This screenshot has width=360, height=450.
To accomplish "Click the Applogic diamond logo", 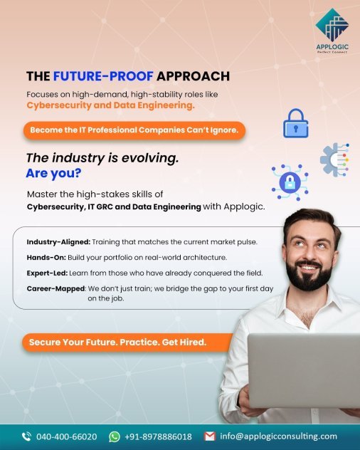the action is pyautogui.click(x=332, y=25).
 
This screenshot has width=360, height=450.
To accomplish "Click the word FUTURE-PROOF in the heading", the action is pyautogui.click(x=103, y=76).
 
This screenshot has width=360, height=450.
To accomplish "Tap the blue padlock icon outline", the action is pyautogui.click(x=296, y=123).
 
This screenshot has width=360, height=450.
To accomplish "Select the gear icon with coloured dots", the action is pyautogui.click(x=335, y=159).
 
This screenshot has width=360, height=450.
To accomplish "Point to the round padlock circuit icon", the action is pyautogui.click(x=290, y=182).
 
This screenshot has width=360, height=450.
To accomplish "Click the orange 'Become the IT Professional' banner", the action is pyautogui.click(x=134, y=130).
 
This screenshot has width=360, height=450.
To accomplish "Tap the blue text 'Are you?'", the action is pyautogui.click(x=53, y=173).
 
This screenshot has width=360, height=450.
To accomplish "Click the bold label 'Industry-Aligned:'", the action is pyautogui.click(x=58, y=242).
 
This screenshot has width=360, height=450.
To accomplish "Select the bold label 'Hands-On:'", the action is pyautogui.click(x=46, y=258).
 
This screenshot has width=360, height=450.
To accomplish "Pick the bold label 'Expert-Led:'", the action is pyautogui.click(x=48, y=273).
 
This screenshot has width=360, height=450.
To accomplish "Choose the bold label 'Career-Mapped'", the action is pyautogui.click(x=56, y=288).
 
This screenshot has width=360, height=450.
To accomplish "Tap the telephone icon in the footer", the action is pyautogui.click(x=26, y=436).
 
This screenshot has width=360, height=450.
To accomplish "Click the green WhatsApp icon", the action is pyautogui.click(x=115, y=436).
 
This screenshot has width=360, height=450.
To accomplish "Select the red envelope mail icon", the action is pyautogui.click(x=210, y=436).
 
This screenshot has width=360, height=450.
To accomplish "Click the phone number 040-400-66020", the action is pyautogui.click(x=67, y=436).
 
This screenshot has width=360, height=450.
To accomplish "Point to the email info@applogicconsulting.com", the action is pyautogui.click(x=278, y=436).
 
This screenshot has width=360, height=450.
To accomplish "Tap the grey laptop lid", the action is pyautogui.click(x=304, y=370).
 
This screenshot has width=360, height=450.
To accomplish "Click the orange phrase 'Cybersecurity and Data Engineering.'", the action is pyautogui.click(x=111, y=105).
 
